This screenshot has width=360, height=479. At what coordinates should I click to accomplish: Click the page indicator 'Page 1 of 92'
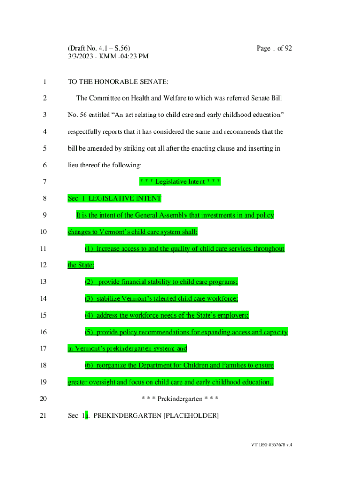click(x=274, y=48)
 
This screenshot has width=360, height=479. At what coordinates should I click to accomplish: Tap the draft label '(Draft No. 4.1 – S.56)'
click(x=99, y=48)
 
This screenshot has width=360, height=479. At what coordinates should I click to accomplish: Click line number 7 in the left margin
click(x=44, y=181)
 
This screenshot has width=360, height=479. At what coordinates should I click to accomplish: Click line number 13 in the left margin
click(x=44, y=282)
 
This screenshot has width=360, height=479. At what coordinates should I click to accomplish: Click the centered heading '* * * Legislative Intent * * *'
click(x=180, y=181)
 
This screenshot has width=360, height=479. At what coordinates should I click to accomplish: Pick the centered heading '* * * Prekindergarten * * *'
click(x=180, y=399)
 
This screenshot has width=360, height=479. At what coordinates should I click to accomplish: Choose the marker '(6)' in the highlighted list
click(x=89, y=365)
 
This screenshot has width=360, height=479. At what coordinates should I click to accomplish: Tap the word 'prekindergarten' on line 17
click(x=128, y=348)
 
